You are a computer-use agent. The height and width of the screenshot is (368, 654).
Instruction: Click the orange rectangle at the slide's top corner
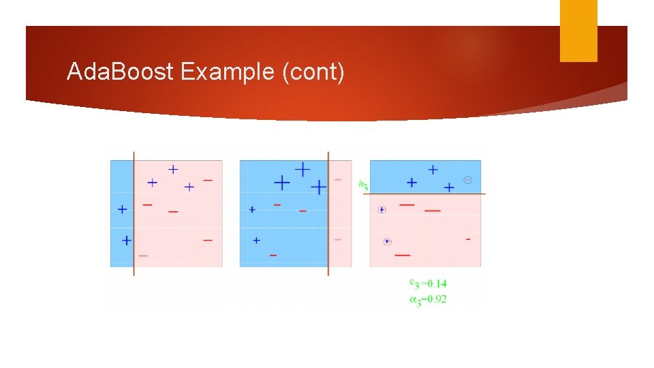(578, 31)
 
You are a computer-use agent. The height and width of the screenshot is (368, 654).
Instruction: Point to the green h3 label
(363, 183)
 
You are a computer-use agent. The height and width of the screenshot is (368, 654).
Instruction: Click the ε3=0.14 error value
(428, 283)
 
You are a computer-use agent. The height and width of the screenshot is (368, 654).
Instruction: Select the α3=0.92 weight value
(428, 298)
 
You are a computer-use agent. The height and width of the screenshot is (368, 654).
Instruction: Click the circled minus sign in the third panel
(467, 179)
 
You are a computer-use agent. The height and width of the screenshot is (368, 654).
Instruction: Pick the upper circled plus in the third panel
(381, 210)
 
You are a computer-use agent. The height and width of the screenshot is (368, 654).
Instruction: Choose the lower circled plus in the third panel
(387, 241)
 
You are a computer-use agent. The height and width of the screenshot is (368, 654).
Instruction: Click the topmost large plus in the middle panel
(302, 168)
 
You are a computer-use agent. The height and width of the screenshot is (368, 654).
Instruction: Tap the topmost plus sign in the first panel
(173, 168)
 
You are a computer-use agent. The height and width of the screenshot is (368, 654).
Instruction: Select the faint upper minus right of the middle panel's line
(338, 180)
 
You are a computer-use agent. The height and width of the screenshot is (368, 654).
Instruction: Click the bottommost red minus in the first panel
(143, 255)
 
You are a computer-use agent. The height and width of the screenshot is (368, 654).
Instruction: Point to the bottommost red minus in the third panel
(402, 255)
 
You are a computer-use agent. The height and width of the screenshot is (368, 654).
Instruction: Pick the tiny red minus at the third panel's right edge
(467, 239)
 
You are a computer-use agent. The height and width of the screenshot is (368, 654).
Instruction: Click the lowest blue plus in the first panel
(126, 240)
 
